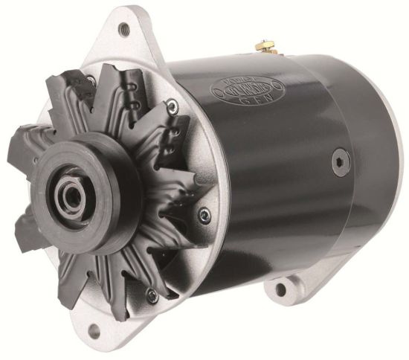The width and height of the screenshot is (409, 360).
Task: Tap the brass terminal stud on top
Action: tap(263, 47)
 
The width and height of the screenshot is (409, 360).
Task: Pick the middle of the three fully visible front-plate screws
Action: tap(205, 216)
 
